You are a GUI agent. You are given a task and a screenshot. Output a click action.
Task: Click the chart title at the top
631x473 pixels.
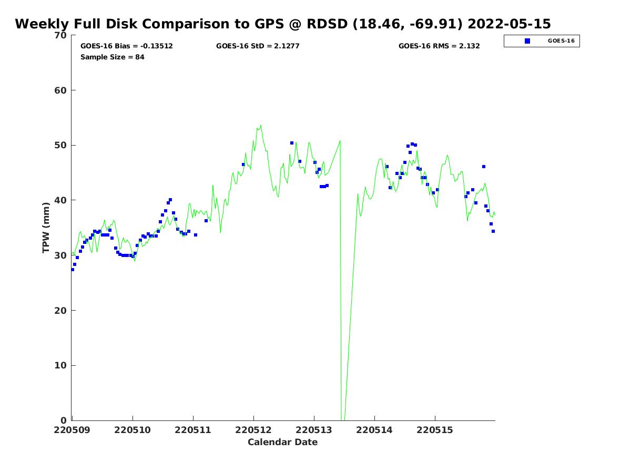click(283, 24)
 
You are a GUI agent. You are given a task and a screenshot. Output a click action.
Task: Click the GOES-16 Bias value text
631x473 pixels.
click(127, 46)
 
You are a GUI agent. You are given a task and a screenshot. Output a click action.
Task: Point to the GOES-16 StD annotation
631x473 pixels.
click(258, 46)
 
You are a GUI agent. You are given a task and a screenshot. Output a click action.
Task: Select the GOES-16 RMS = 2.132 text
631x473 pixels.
click(439, 46)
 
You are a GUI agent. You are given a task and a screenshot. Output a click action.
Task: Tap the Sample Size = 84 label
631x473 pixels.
click(113, 57)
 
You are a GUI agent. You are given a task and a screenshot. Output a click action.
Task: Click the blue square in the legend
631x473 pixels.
click(527, 41)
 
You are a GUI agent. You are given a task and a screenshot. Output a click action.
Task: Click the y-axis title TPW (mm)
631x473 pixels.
click(46, 228)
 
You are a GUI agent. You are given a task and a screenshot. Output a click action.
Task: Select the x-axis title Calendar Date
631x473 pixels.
click(283, 443)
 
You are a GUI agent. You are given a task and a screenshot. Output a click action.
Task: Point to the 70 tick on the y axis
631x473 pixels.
click(61, 36)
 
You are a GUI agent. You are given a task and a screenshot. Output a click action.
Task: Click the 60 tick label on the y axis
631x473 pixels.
click(61, 90)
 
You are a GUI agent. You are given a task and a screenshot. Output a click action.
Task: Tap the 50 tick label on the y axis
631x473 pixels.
click(61, 146)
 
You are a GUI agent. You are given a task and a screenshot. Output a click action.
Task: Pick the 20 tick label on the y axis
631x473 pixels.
click(61, 311)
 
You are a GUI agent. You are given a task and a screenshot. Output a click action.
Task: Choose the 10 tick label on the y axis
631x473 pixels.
click(61, 366)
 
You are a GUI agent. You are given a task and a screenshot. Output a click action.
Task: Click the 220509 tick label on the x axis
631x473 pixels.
click(72, 430)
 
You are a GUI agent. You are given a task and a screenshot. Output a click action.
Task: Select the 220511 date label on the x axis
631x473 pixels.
click(193, 430)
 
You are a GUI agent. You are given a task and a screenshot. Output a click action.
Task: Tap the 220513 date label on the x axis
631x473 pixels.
click(314, 430)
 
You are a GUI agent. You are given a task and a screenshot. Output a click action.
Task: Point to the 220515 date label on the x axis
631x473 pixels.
click(435, 430)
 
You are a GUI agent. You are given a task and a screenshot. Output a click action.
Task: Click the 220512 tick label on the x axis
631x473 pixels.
click(253, 430)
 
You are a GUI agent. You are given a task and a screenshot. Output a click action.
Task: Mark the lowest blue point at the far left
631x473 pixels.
click(73, 270)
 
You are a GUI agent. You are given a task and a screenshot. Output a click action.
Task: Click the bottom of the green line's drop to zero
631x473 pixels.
click(343, 419)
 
